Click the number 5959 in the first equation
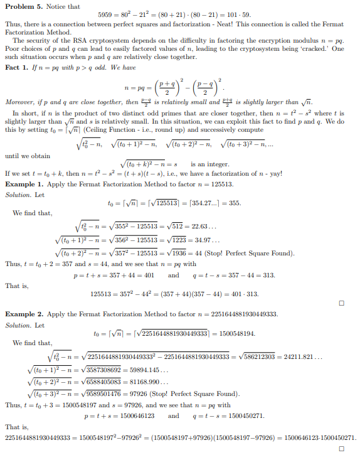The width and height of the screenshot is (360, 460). pos(107,14)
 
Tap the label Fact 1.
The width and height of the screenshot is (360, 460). pos(17,67)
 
